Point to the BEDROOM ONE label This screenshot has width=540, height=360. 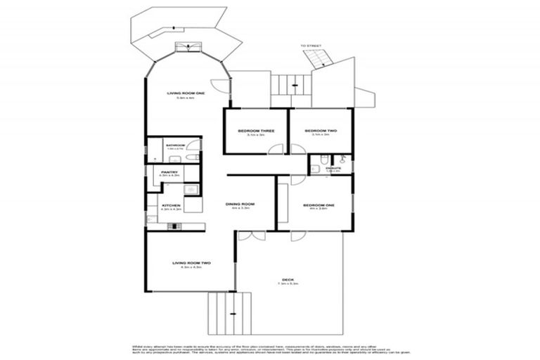point(319,205)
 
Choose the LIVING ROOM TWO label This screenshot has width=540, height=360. point(192,263)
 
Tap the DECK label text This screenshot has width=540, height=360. point(287,279)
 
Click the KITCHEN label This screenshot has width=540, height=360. point(171,205)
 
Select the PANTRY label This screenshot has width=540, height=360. point(169,172)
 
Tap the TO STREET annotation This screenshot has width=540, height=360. point(310,46)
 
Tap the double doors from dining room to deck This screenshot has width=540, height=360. point(247,237)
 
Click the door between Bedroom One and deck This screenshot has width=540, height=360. point(298,237)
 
